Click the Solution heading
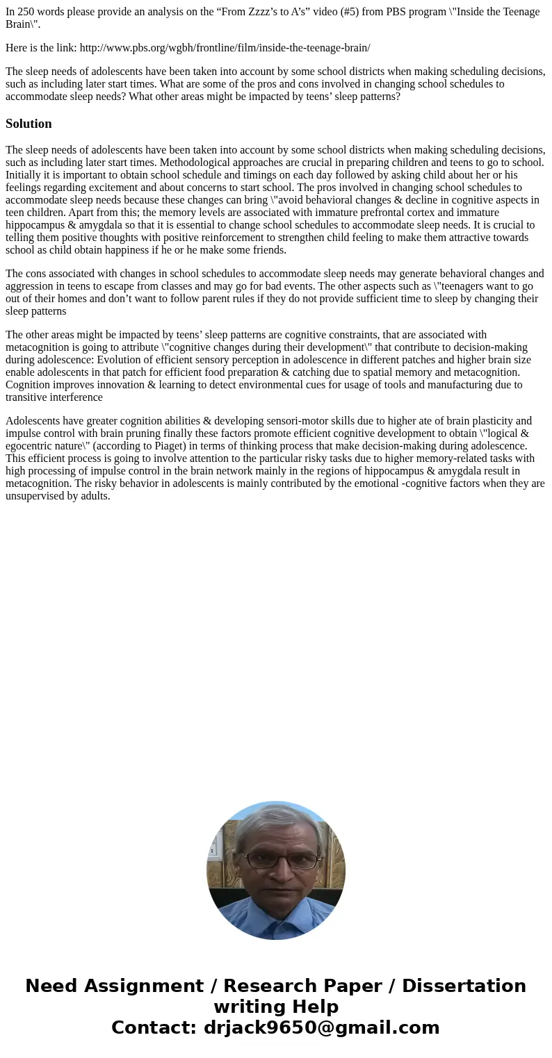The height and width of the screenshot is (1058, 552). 29,124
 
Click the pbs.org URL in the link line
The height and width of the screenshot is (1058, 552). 225,48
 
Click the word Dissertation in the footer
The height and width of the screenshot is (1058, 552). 464,986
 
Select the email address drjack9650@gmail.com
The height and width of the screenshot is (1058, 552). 321,1028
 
